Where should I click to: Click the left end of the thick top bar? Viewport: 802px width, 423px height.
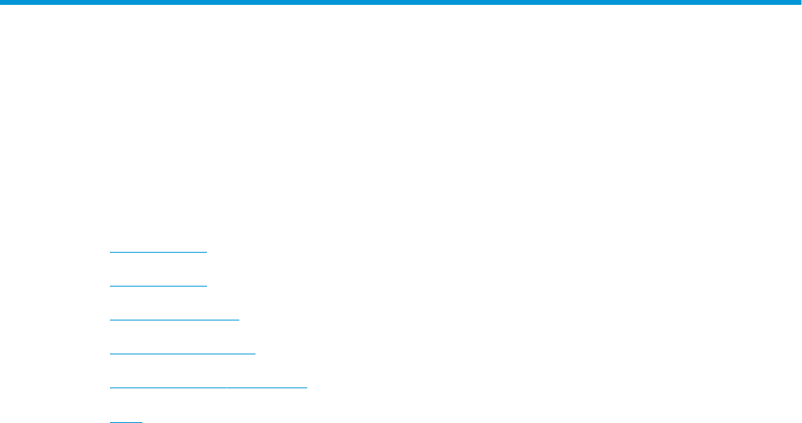pyautogui.click(x=2, y=3)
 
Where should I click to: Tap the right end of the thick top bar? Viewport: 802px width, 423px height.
pyautogui.click(x=799, y=3)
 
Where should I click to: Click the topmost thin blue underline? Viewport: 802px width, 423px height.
pyautogui.click(x=158, y=252)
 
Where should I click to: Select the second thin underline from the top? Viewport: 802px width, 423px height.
pyautogui.click(x=158, y=286)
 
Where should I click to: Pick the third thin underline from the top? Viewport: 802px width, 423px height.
pyautogui.click(x=175, y=320)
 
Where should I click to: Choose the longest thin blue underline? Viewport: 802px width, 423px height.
pyautogui.click(x=209, y=387)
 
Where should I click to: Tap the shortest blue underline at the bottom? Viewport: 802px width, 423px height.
pyautogui.click(x=125, y=421)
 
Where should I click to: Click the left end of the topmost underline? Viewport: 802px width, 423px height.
pyautogui.click(x=110, y=252)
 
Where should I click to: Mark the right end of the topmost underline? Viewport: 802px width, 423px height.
pyautogui.click(x=207, y=252)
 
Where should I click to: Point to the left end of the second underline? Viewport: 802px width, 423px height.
pyautogui.click(x=110, y=286)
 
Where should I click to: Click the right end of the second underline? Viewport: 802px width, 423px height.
pyautogui.click(x=207, y=286)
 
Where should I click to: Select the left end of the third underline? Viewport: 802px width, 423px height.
pyautogui.click(x=110, y=320)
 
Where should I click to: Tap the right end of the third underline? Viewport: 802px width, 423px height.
pyautogui.click(x=239, y=320)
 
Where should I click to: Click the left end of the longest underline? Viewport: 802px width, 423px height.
pyautogui.click(x=110, y=387)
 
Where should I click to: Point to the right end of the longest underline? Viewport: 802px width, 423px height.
pyautogui.click(x=307, y=387)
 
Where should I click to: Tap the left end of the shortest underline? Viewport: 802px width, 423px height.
pyautogui.click(x=110, y=421)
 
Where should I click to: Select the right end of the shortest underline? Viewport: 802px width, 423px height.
pyautogui.click(x=141, y=421)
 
